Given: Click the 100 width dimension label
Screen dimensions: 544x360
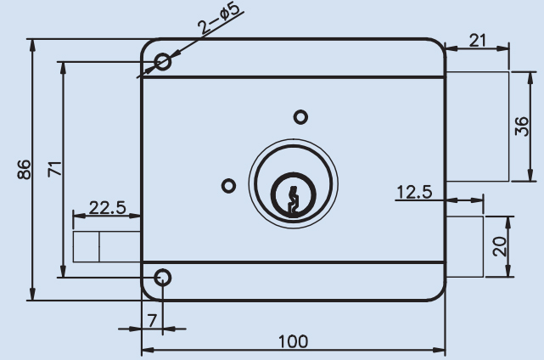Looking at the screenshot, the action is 293,341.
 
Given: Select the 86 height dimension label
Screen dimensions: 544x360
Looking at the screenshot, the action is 24,170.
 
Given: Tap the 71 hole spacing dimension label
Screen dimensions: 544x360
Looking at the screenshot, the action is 55,169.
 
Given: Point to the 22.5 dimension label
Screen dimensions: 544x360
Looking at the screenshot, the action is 108,208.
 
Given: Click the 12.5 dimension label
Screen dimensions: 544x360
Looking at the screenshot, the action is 414,192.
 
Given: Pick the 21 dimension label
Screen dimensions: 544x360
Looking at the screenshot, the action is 478,40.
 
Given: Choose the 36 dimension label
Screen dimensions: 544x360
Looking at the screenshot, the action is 522,127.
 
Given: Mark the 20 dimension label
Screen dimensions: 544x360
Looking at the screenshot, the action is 500,246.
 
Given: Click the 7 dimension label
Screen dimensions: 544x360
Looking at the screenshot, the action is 152,321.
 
